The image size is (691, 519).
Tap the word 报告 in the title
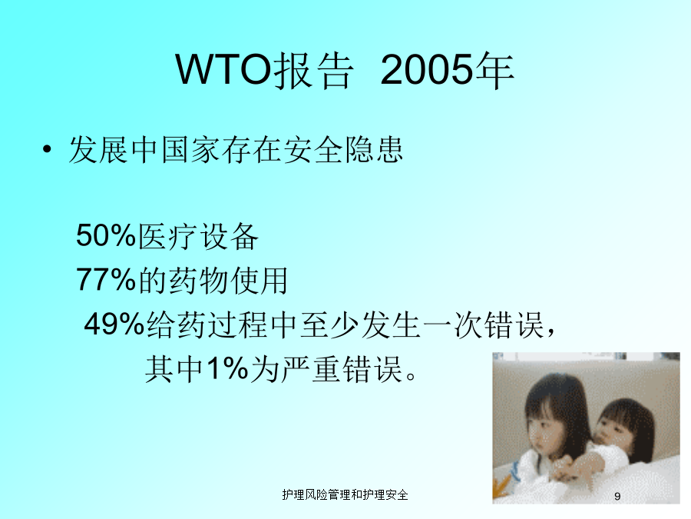click(x=313, y=70)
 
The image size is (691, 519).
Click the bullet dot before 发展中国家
click(x=47, y=150)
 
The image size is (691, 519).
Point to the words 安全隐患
click(x=343, y=150)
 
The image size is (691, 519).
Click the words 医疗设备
click(x=198, y=236)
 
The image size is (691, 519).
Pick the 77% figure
click(x=106, y=279)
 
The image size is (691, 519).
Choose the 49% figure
click(x=114, y=324)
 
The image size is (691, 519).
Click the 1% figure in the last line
click(x=227, y=368)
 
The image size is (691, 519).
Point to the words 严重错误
click(x=342, y=369)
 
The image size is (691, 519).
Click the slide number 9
click(x=617, y=496)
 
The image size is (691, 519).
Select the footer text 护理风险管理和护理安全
click(x=345, y=494)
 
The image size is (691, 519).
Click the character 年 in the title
click(x=494, y=70)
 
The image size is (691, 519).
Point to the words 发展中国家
click(x=144, y=150)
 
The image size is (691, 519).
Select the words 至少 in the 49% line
click(x=329, y=324)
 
